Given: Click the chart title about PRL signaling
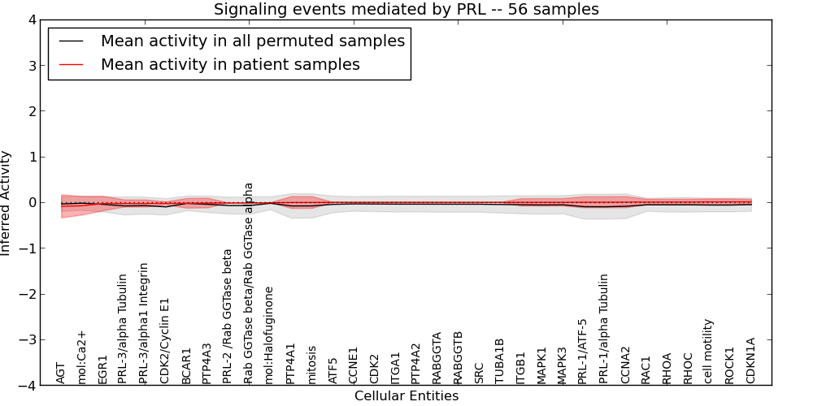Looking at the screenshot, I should point(406,10).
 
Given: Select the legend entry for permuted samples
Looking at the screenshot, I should point(252,41).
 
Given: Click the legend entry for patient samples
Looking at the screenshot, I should point(230,64).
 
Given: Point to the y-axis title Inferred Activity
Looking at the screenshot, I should point(7,203).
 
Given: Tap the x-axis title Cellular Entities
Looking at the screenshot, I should point(406,396).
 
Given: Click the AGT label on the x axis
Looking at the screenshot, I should point(61,373).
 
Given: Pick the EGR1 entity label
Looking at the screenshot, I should point(102,369).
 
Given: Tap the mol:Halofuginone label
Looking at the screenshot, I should point(270,335).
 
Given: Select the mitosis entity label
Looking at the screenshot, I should point(312,365).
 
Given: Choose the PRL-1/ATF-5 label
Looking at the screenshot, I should point(583,351).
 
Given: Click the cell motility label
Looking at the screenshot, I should point(709,351).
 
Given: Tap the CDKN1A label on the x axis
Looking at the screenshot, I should point(751,361).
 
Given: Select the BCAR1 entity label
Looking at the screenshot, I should point(187,365).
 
